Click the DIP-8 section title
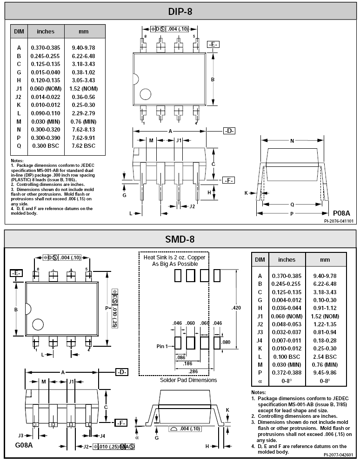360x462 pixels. coord(180,12)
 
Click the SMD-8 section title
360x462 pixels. coord(180,239)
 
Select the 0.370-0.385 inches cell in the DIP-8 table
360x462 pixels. coord(46,48)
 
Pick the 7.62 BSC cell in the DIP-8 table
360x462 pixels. coord(83,146)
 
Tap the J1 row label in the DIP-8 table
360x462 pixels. coord(19,89)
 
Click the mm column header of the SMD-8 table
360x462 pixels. coord(325,260)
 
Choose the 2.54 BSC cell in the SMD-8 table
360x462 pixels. coord(325,356)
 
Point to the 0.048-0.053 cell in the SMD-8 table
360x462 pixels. coord(287,324)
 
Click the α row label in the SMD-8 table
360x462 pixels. coord(260,381)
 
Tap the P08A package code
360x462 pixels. coord(341,213)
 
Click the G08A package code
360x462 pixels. coord(24,445)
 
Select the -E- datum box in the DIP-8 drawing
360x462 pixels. coord(213,45)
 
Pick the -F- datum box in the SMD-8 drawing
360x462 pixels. coord(121,423)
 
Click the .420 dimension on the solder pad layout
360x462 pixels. coord(236,308)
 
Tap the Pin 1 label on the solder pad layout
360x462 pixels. coord(162,346)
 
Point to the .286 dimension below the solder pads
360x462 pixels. coord(193,371)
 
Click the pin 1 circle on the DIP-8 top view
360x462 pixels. coord(146,94)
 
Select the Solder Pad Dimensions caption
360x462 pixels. coord(188,380)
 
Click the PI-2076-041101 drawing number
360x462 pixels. coord(339,221)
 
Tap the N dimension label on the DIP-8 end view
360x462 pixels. coord(292,141)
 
